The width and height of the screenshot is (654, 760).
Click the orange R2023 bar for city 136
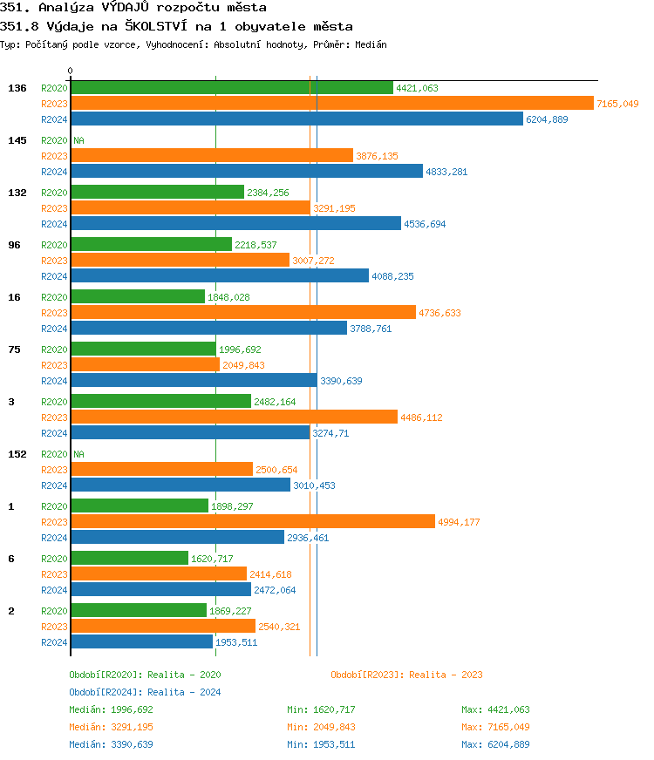(x=331, y=104)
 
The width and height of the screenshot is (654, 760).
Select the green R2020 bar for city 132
(x=157, y=193)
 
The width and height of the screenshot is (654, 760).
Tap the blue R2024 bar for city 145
(x=246, y=172)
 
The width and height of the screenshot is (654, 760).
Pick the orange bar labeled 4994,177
(x=252, y=522)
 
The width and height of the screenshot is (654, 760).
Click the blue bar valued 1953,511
(x=141, y=642)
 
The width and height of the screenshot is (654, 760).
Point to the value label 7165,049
(x=617, y=104)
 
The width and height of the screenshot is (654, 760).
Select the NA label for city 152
(x=78, y=454)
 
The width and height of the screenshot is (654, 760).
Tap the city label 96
(x=14, y=245)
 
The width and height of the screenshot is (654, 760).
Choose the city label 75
(x=14, y=349)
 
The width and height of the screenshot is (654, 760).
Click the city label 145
(x=17, y=140)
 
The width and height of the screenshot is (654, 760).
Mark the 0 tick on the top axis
(x=71, y=71)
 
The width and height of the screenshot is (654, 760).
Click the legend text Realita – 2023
(x=446, y=675)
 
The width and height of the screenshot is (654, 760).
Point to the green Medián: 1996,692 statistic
(x=111, y=709)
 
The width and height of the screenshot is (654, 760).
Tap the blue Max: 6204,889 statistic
(x=495, y=744)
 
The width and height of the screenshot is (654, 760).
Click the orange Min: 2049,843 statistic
(x=321, y=727)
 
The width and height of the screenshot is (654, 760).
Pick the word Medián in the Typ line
(x=369, y=44)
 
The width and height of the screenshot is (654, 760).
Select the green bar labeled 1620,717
(x=129, y=559)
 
